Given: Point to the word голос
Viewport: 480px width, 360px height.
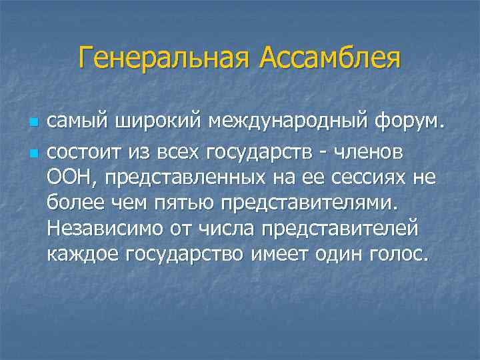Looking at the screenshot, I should pyautogui.click(x=399, y=254).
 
